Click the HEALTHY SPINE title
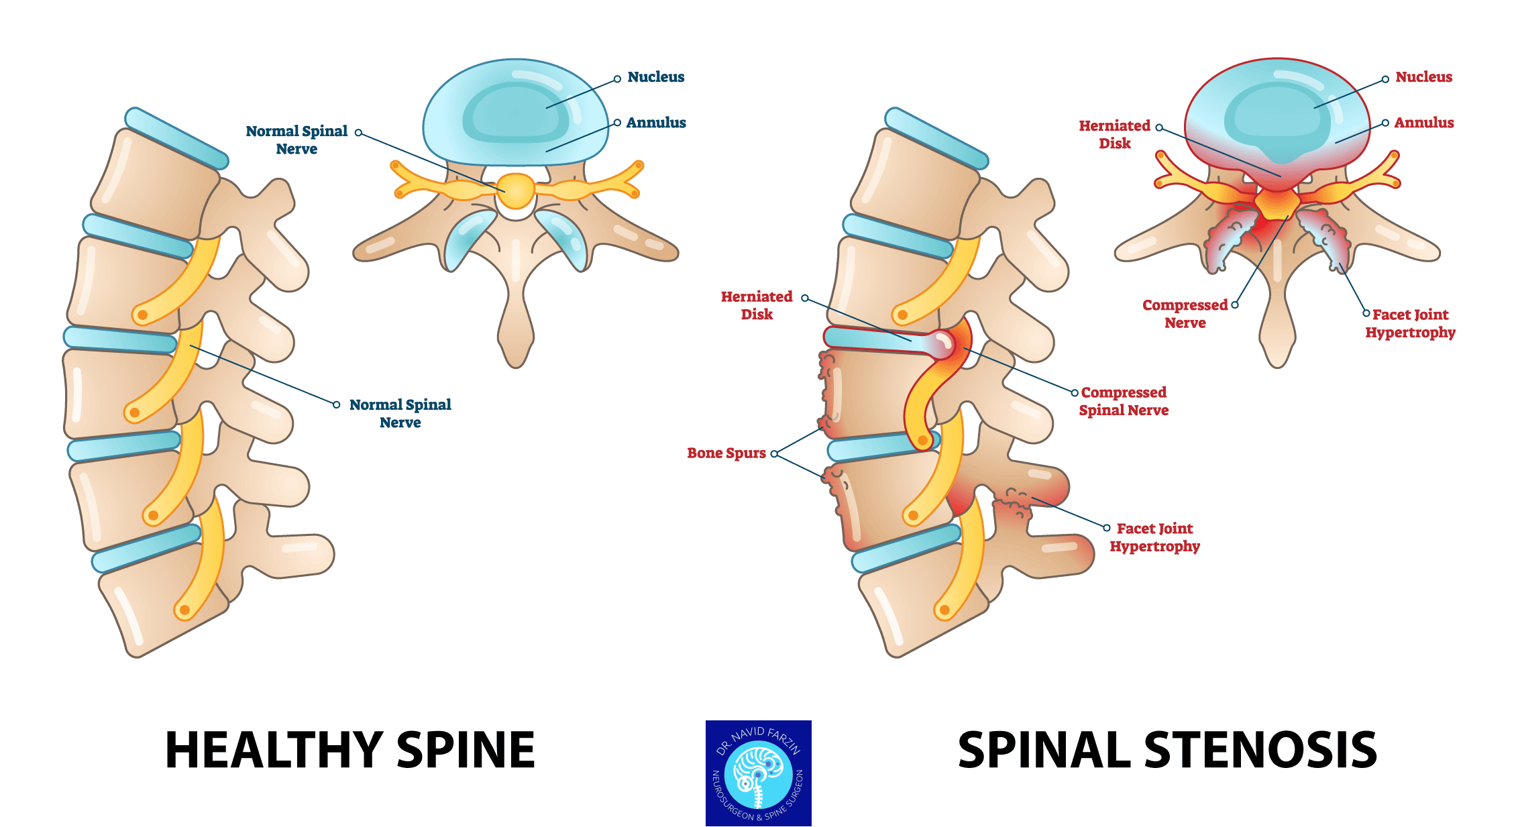coord(350,750)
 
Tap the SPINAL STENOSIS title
coord(1167,750)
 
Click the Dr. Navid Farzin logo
coord(759,773)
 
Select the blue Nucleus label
coord(656,77)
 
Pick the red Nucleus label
coord(1424,77)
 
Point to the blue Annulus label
coord(656,123)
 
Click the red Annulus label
coord(1424,123)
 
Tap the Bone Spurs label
coord(726,453)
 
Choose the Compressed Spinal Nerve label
coord(1124,401)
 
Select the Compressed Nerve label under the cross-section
coord(1185,314)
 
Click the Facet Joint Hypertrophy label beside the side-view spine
coord(1154,537)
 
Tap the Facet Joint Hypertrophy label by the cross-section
coord(1411,323)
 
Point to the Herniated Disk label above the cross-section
coord(1114,134)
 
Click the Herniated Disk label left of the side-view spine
coord(757,305)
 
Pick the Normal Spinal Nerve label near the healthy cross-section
coord(296,140)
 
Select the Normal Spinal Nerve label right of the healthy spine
coord(400,413)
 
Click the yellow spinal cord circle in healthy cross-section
coord(516,191)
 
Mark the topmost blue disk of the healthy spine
coord(176,138)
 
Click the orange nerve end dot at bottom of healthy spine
coord(184,610)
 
